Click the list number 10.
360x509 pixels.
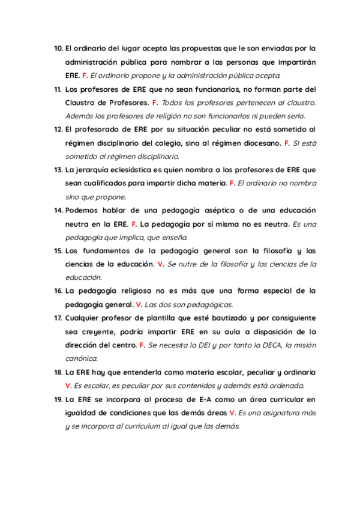(58, 47)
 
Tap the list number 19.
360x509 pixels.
(59, 399)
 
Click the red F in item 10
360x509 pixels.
(84, 76)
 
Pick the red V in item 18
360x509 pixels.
(68, 386)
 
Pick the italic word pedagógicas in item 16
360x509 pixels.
(212, 305)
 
